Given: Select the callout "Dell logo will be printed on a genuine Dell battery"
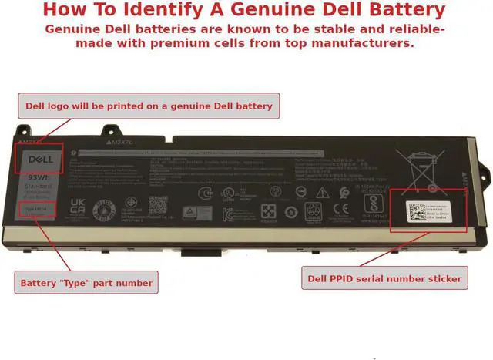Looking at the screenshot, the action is click(x=149, y=106).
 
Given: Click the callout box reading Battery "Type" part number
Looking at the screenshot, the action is click(x=86, y=280).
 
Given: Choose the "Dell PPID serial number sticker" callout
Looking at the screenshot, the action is click(x=383, y=278).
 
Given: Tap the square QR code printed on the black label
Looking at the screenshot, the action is click(x=158, y=205).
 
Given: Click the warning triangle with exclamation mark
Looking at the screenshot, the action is click(x=189, y=210).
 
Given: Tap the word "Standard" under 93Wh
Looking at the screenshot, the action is click(x=39, y=187).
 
